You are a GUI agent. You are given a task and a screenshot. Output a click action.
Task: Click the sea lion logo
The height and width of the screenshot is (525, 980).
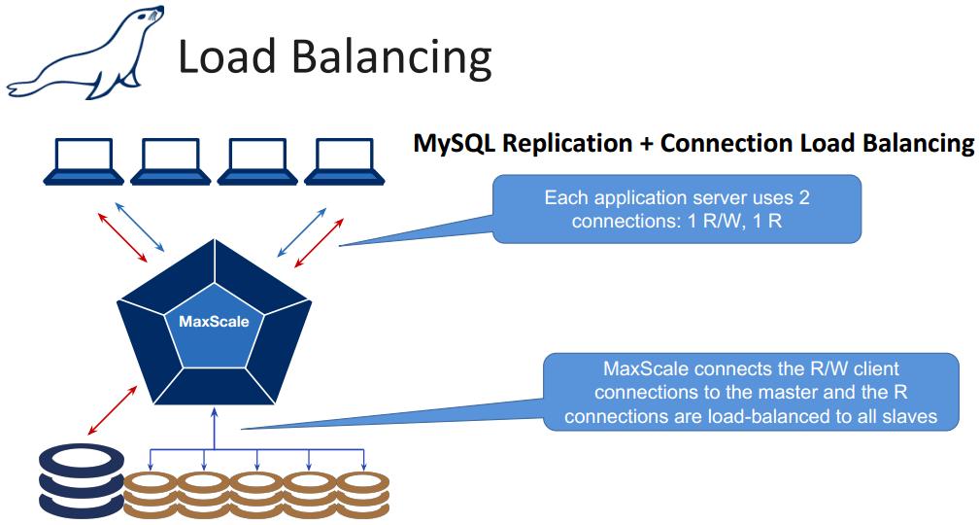(x=83, y=54)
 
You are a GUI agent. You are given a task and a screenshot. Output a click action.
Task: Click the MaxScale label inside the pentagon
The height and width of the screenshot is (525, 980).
(x=213, y=322)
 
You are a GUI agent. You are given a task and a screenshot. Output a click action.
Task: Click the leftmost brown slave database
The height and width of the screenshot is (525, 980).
(x=152, y=491)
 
